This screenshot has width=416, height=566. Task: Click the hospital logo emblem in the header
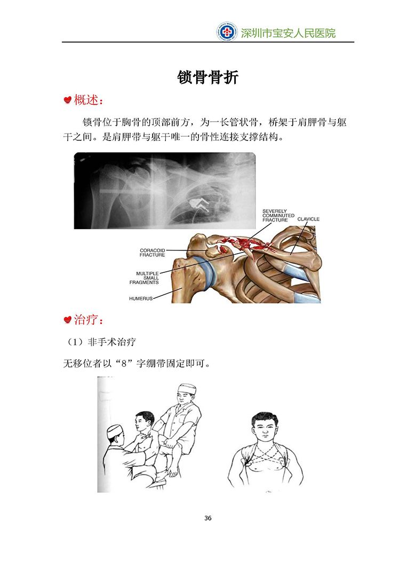coord(227,32)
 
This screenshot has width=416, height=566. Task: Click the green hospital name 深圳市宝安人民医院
coord(289,33)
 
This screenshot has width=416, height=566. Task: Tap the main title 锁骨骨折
coord(207,77)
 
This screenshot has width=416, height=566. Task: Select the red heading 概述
coord(89,100)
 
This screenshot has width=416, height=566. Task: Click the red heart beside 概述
coord(67,100)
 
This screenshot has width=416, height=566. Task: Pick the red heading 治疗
coord(89,319)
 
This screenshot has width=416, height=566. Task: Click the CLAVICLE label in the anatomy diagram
coord(308,219)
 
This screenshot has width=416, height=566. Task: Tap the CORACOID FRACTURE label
coord(152,253)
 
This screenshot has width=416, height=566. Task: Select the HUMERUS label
coord(141,298)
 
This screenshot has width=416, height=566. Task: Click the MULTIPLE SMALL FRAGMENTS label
coord(144,278)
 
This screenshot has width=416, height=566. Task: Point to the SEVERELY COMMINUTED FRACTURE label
coord(278,216)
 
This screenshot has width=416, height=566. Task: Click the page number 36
coord(208,518)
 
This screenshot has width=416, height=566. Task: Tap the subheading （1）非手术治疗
coord(100,342)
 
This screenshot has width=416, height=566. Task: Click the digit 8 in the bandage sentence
coord(124,364)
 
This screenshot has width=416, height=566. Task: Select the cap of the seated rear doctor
coord(187,389)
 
